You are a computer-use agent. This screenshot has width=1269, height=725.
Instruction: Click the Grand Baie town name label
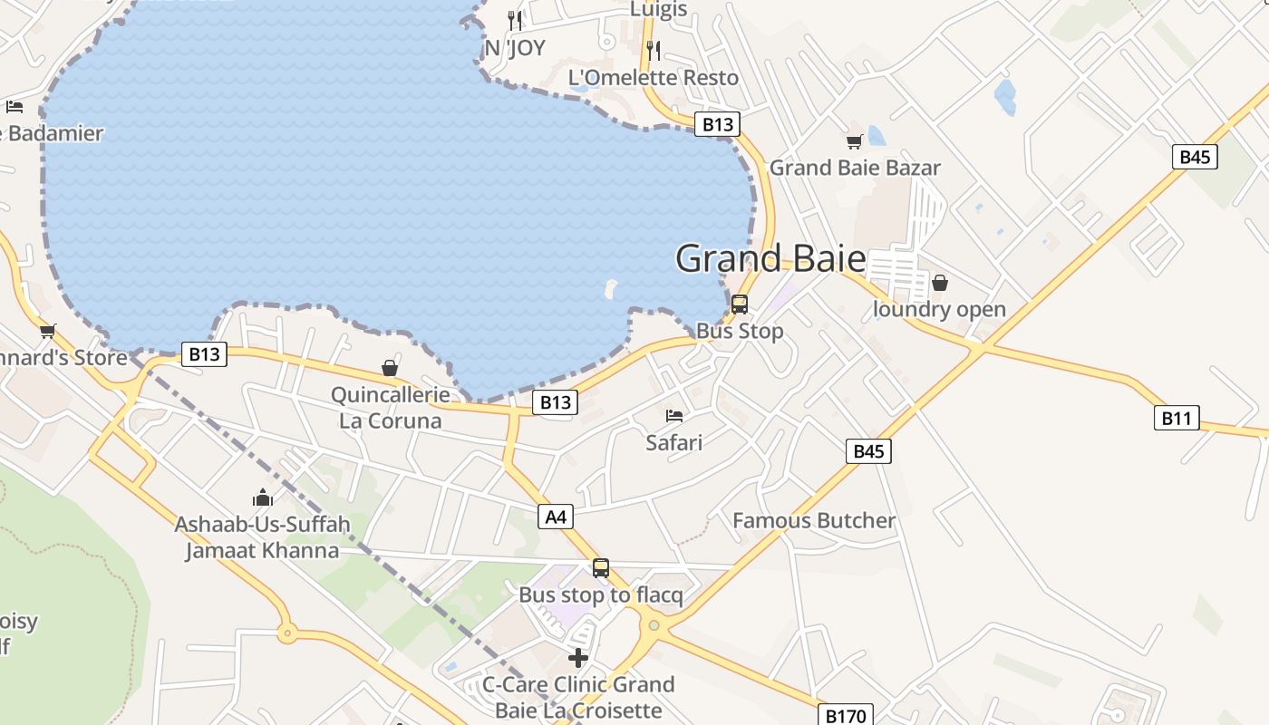[x=770, y=258]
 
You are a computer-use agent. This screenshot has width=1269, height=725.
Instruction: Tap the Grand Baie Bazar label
[x=855, y=168]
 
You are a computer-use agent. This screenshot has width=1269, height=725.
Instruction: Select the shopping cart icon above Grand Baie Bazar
[x=854, y=141]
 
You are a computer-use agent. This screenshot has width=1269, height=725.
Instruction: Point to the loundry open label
[x=939, y=309]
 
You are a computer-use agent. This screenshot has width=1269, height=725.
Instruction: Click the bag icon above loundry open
[x=940, y=283]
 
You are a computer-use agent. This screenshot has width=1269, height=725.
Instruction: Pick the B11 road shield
[x=1177, y=418]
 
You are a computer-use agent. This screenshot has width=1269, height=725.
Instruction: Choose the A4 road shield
[x=556, y=517]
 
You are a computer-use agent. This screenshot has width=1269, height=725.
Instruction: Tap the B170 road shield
[x=846, y=716]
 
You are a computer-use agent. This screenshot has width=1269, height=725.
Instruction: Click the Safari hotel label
[x=674, y=442]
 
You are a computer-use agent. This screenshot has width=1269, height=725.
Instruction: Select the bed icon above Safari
[x=674, y=416]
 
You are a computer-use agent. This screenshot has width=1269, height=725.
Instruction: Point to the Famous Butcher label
[x=814, y=520]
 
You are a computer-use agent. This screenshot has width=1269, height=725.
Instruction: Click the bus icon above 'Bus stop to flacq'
[x=601, y=568]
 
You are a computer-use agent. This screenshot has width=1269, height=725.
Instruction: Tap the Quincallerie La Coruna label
[x=390, y=408]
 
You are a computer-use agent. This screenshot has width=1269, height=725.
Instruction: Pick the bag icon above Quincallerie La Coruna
[x=390, y=368]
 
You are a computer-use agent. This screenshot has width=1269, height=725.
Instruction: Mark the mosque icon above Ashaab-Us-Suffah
[x=263, y=498]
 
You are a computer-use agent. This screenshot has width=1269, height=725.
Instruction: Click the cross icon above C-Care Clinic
[x=578, y=657]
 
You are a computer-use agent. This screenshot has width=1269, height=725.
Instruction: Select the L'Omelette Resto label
[x=654, y=78]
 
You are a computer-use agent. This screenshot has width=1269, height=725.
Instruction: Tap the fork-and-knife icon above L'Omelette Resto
[x=654, y=50]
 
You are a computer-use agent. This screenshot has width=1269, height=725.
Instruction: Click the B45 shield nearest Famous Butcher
[x=868, y=450]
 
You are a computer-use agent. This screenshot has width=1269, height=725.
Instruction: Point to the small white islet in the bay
[x=610, y=289]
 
